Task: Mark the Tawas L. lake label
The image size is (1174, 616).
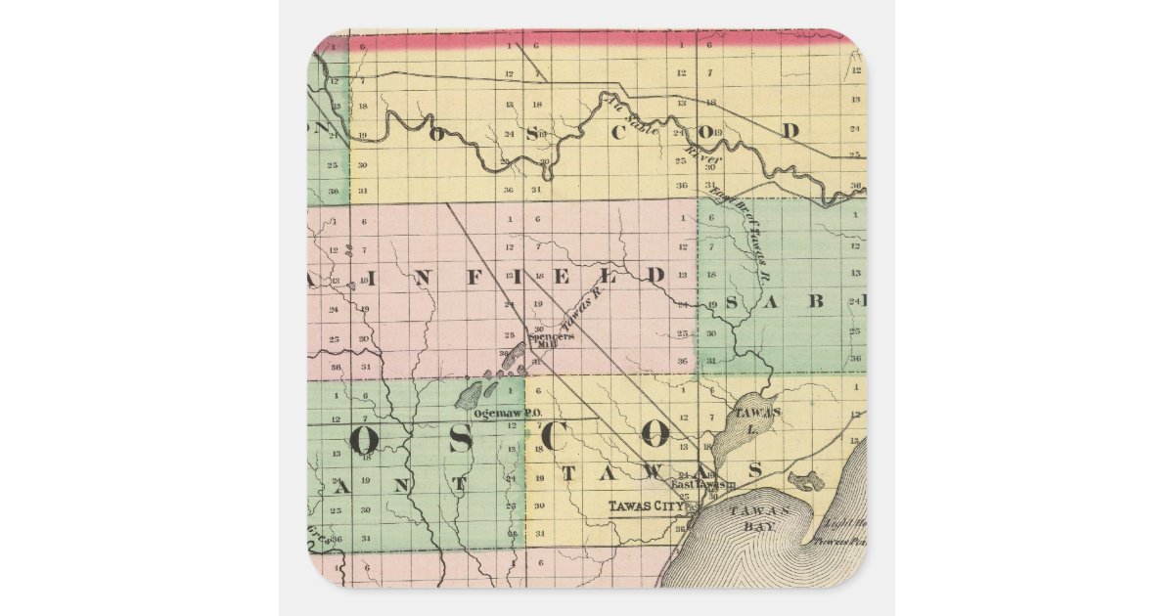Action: [759, 418]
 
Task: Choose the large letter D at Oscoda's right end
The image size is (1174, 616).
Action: [790, 130]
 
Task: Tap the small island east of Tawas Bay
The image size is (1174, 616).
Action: [806, 481]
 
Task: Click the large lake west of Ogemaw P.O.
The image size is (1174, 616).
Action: [469, 394]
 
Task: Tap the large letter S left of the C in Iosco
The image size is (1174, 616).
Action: [460, 440]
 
